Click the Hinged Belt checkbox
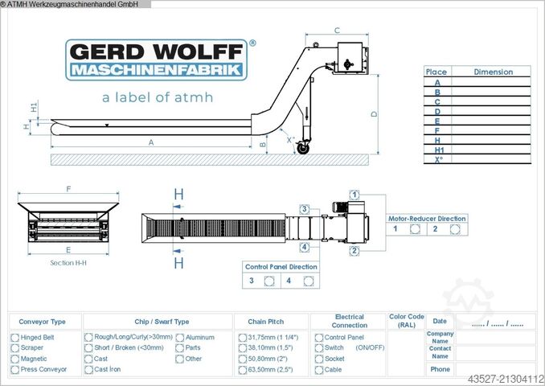coord(14,338)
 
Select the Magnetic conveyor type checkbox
coord(14,359)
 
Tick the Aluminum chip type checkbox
coord(179,338)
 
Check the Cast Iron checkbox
coord(88,370)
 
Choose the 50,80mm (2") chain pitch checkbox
coord(242,359)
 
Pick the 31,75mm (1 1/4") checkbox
coord(242,338)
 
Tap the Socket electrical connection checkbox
coord(319,359)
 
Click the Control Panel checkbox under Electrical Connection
coord(319,338)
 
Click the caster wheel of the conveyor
coord(303,148)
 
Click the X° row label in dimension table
coord(437,159)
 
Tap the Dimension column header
coord(493,72)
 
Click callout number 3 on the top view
coord(305,209)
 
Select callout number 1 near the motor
coord(354,194)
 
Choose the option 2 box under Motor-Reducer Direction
coord(454,228)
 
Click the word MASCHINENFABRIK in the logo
coord(157,71)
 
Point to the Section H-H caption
coord(68,263)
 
